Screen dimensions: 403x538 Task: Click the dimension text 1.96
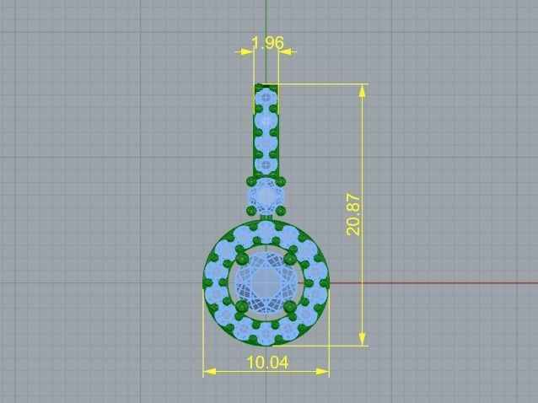click(267, 42)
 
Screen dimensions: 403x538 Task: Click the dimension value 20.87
click(354, 214)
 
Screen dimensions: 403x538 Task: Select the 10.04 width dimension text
click(267, 363)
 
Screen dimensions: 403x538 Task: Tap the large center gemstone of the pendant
click(266, 279)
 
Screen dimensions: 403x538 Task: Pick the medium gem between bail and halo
click(266, 197)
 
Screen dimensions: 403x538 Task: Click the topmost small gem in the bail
click(267, 98)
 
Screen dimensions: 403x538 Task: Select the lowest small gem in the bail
click(267, 165)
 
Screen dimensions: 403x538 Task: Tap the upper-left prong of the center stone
click(242, 256)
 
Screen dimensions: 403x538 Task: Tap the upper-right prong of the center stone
click(291, 256)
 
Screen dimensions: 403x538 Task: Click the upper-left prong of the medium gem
click(251, 181)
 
